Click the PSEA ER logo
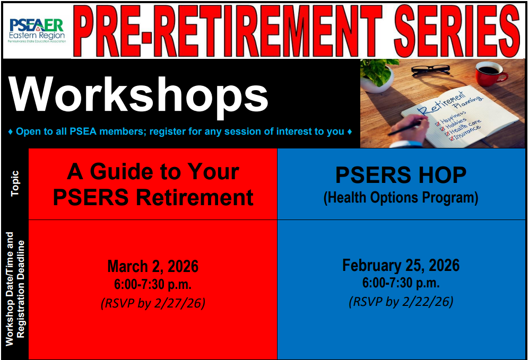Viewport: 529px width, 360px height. (x=37, y=30)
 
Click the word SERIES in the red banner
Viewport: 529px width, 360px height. (x=457, y=31)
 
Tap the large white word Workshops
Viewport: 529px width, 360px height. (x=138, y=95)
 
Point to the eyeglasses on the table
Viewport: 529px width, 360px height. (x=431, y=70)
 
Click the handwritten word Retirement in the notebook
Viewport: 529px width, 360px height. (x=441, y=102)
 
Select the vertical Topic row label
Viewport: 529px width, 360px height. (x=15, y=183)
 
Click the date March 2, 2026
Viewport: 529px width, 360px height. (x=153, y=266)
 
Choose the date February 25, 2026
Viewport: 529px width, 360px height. (x=401, y=265)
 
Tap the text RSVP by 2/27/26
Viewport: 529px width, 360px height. (x=153, y=303)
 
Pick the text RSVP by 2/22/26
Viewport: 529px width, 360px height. (x=401, y=301)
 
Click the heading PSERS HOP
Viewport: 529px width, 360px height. (x=401, y=175)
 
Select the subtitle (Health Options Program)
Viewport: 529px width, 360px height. (x=401, y=198)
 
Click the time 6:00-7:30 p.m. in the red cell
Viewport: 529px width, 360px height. (x=153, y=285)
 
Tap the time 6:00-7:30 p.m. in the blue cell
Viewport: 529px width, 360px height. (x=401, y=283)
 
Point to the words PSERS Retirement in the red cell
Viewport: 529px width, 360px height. (x=153, y=197)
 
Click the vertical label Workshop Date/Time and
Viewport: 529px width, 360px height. (x=9, y=289)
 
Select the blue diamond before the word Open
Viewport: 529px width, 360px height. (x=11, y=132)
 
